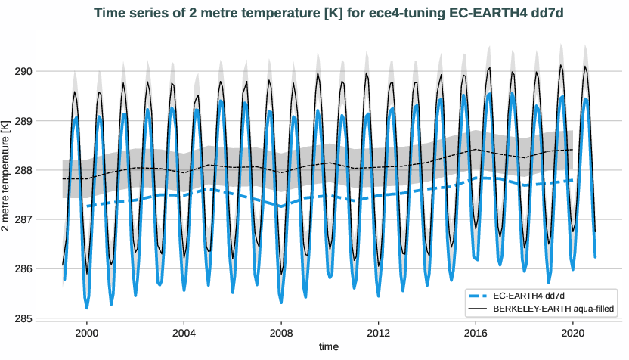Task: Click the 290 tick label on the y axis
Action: click(x=42, y=71)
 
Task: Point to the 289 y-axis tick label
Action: click(x=42, y=121)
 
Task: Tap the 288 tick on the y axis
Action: click(x=42, y=170)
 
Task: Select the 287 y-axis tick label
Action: click(x=42, y=219)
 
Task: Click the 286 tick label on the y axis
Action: click(x=42, y=269)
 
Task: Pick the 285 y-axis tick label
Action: click(x=42, y=318)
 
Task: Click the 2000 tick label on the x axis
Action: click(x=87, y=333)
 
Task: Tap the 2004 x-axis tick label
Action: click(x=184, y=333)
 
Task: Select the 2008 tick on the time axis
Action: click(x=281, y=333)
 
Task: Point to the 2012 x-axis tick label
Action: click(x=378, y=333)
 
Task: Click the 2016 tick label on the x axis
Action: click(x=476, y=333)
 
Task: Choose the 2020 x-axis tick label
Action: click(x=572, y=333)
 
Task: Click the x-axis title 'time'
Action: click(x=329, y=347)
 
